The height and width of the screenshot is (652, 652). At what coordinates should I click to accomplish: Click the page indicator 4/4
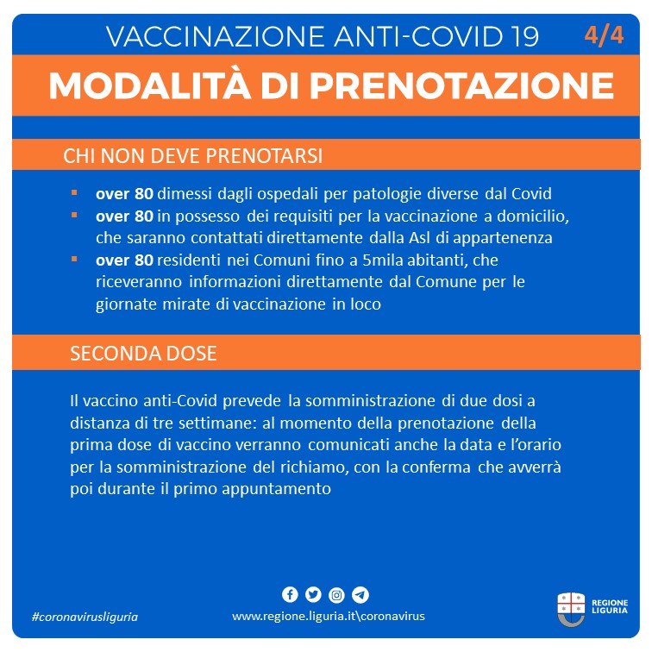coord(604,36)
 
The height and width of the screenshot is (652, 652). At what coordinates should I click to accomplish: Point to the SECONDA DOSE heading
coord(143,354)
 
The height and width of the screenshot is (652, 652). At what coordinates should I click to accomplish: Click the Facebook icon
coord(290,595)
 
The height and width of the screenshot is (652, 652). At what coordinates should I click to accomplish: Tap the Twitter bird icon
coord(313,595)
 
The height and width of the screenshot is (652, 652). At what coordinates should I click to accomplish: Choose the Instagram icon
coord(336,595)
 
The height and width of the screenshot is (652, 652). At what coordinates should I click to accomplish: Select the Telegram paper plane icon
coord(360,595)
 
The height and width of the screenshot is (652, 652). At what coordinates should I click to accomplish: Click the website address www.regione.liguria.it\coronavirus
coord(328,617)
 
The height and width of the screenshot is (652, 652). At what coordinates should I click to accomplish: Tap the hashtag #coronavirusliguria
coord(85,617)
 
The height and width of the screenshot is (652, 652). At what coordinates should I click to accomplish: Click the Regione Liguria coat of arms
coord(570,609)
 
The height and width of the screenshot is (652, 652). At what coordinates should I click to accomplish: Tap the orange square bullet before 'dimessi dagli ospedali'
coord(75,192)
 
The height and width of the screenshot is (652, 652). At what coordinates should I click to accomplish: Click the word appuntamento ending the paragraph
coord(279,489)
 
